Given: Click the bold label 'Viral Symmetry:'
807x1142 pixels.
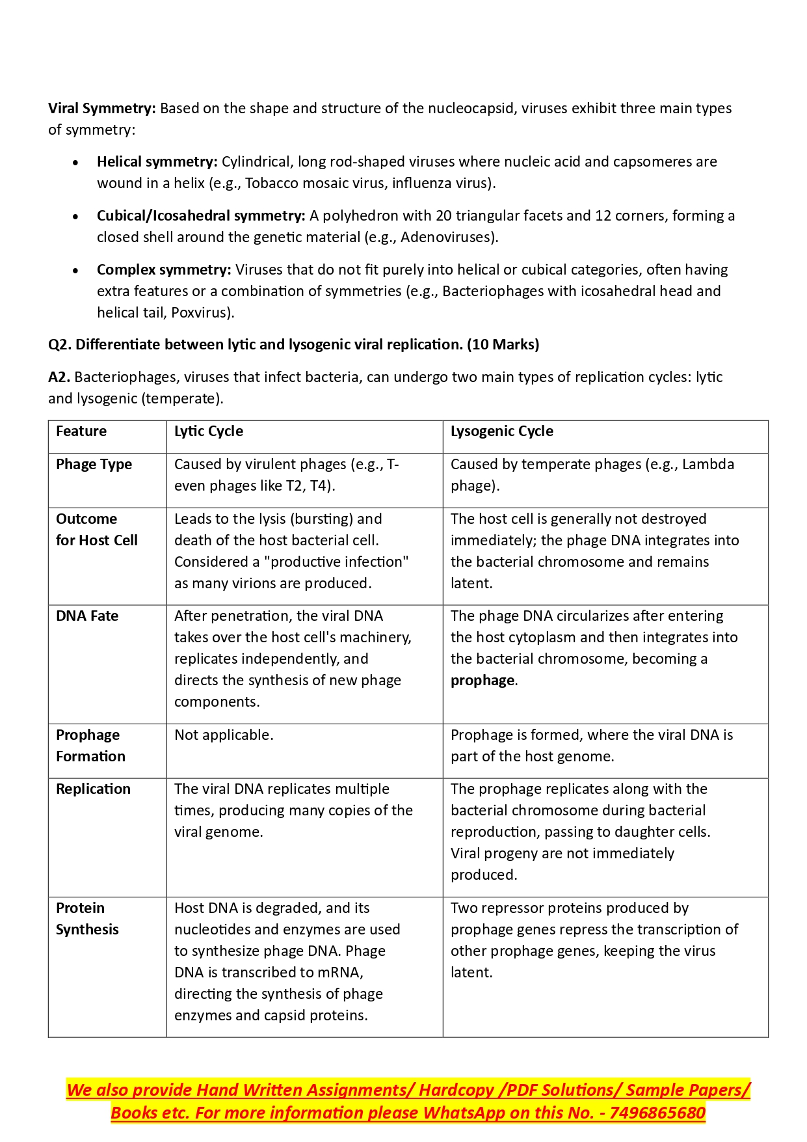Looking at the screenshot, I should pos(101,109).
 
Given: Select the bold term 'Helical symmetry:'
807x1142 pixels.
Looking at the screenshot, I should pos(157,162).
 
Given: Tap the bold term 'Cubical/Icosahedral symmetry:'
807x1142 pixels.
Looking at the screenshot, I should pos(201,216).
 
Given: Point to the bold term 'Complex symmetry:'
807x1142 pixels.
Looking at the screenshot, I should pos(164,270).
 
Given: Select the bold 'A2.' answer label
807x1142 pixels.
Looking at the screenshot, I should pos(59,377).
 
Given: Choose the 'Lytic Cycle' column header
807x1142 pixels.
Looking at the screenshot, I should pos(209,431).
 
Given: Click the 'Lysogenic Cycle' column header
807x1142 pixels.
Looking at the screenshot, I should pos(502,431).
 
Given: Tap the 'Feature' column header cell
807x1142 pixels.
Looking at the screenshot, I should pos(81,431).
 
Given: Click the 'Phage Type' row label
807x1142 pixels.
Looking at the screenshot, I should pos(94,465).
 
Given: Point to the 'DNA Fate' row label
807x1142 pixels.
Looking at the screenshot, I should pos(87,616).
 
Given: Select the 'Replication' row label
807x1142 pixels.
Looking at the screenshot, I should pos(93,789).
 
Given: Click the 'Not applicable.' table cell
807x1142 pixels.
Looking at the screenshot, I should pos(224,735).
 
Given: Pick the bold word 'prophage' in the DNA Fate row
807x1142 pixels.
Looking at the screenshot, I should pos(483,681).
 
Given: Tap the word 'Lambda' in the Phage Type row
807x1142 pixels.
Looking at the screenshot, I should pos(708,465).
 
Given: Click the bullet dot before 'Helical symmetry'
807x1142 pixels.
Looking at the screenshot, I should pos(76,163).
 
